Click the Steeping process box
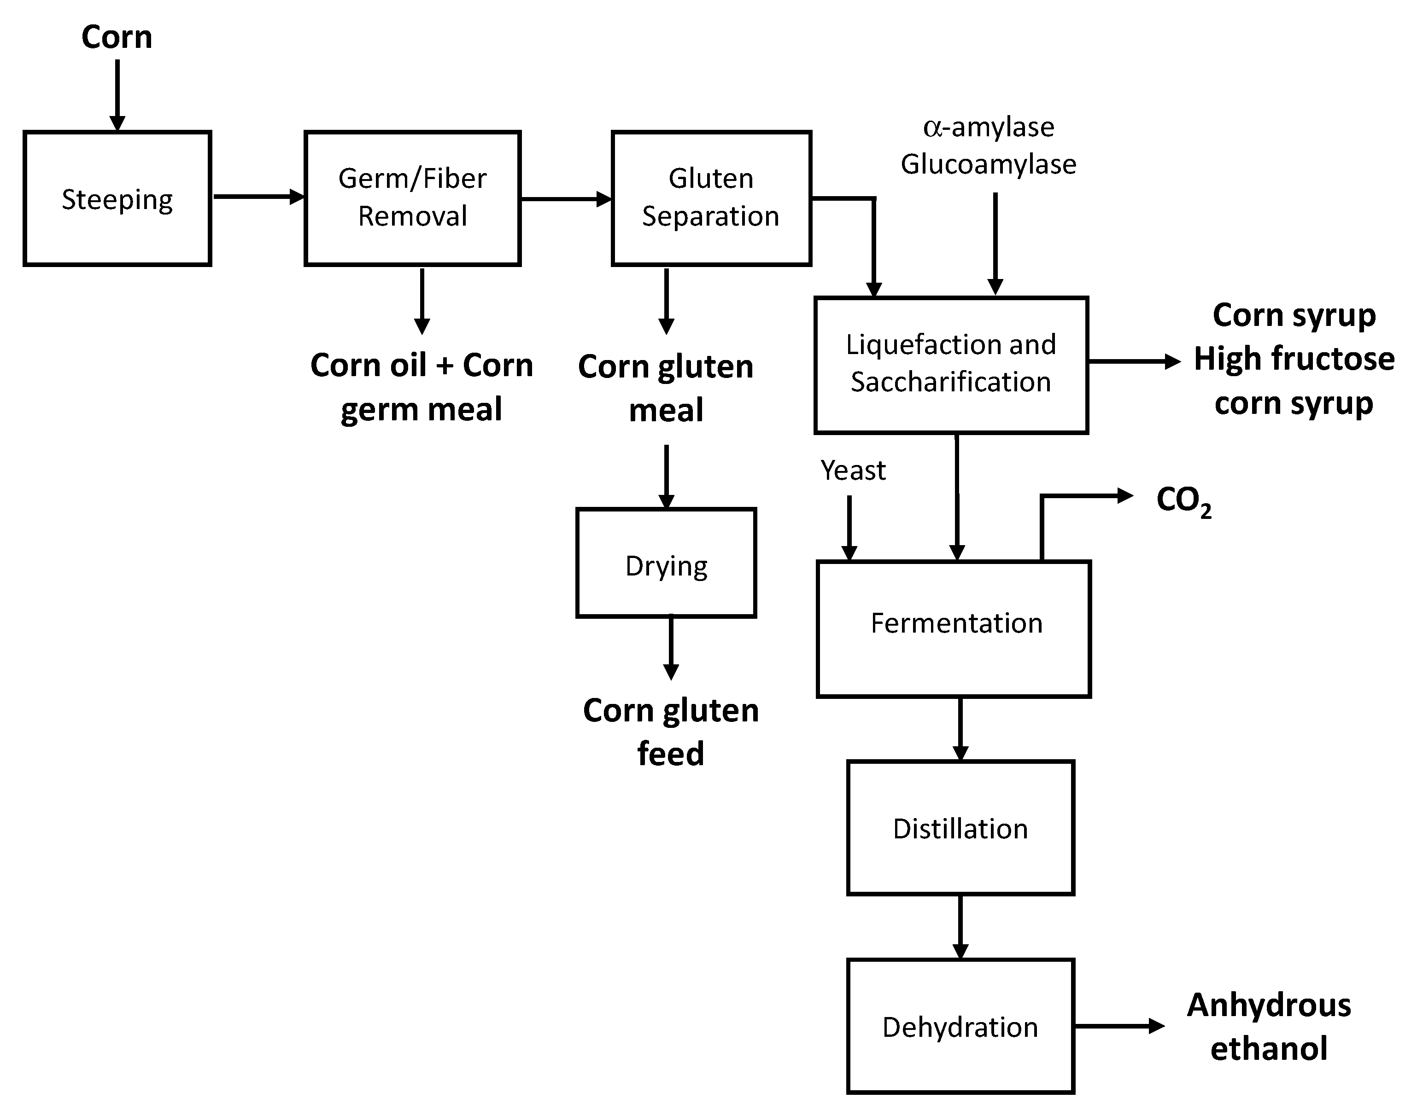click(x=117, y=198)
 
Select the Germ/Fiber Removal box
click(x=412, y=198)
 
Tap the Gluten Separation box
click(x=711, y=198)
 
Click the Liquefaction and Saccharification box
click(x=951, y=365)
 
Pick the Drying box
click(x=666, y=563)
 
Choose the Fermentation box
click(x=954, y=628)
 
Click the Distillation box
click(x=960, y=828)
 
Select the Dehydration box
click(x=960, y=1027)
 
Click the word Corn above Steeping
click(x=117, y=37)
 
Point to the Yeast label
click(x=853, y=471)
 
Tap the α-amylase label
click(x=988, y=128)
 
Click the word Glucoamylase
click(x=988, y=164)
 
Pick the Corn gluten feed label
click(x=671, y=732)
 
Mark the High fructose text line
click(x=1294, y=359)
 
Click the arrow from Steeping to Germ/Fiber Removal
click(x=258, y=197)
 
